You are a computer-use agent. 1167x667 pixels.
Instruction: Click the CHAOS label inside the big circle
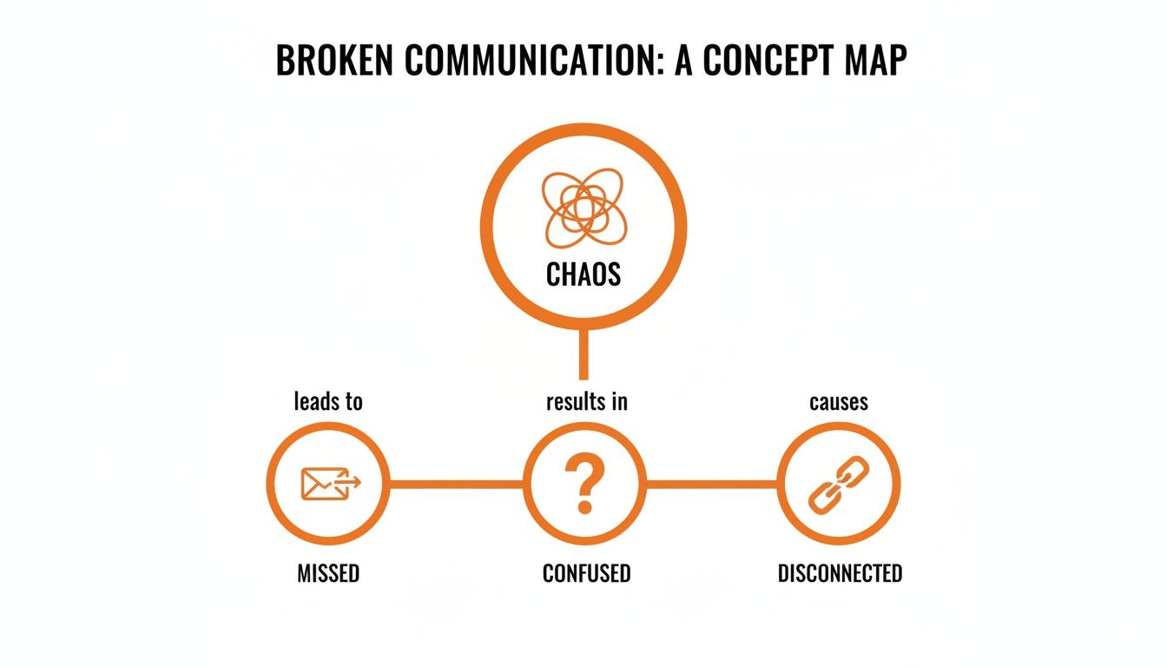coord(583,274)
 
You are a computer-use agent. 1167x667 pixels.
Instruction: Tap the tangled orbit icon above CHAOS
coord(583,207)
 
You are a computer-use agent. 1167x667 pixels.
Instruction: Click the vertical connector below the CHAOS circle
coord(583,356)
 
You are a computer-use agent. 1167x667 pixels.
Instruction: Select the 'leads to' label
coord(328,401)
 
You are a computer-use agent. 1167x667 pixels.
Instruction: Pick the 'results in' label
coord(586,401)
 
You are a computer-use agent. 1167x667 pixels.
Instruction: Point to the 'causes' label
coord(839,401)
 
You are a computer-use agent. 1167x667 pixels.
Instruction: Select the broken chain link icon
coord(839,484)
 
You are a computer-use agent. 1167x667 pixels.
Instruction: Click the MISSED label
coord(328,573)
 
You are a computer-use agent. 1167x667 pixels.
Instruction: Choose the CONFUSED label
coord(586,573)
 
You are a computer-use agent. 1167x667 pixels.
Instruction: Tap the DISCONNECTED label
coord(840,573)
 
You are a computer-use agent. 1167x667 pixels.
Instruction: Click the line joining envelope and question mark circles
coord(456,484)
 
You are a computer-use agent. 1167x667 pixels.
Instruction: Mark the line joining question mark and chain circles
coord(712,484)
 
